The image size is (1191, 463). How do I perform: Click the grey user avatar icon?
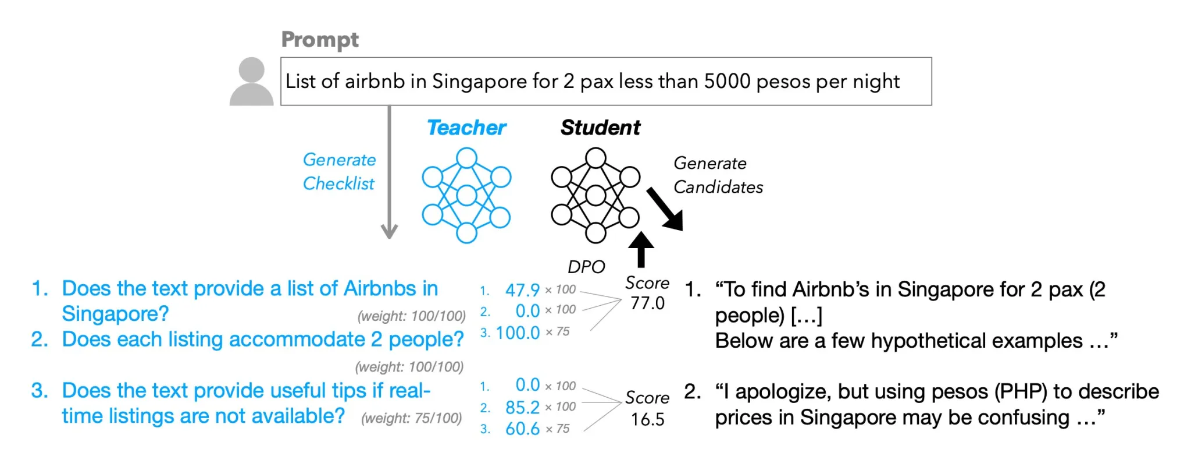click(x=251, y=81)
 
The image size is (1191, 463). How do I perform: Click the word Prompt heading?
click(x=320, y=40)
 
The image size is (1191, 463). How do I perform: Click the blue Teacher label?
click(x=466, y=128)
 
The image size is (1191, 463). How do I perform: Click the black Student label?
click(x=600, y=128)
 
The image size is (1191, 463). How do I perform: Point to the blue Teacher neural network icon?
click(x=466, y=195)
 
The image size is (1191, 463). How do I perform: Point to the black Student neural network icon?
click(x=595, y=195)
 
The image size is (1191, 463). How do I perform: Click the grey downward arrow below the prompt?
click(x=389, y=172)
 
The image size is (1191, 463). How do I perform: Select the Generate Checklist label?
click(x=339, y=171)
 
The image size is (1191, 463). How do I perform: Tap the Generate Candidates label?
click(x=718, y=175)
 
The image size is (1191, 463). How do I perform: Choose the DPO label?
click(x=586, y=267)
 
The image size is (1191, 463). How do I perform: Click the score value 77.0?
click(x=647, y=303)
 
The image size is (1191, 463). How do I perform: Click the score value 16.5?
click(x=647, y=419)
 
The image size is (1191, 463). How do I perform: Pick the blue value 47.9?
click(x=522, y=290)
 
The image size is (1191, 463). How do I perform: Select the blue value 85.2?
click(x=522, y=407)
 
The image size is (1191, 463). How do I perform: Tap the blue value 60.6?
click(x=522, y=429)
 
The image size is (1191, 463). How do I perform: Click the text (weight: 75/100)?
click(x=412, y=418)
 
